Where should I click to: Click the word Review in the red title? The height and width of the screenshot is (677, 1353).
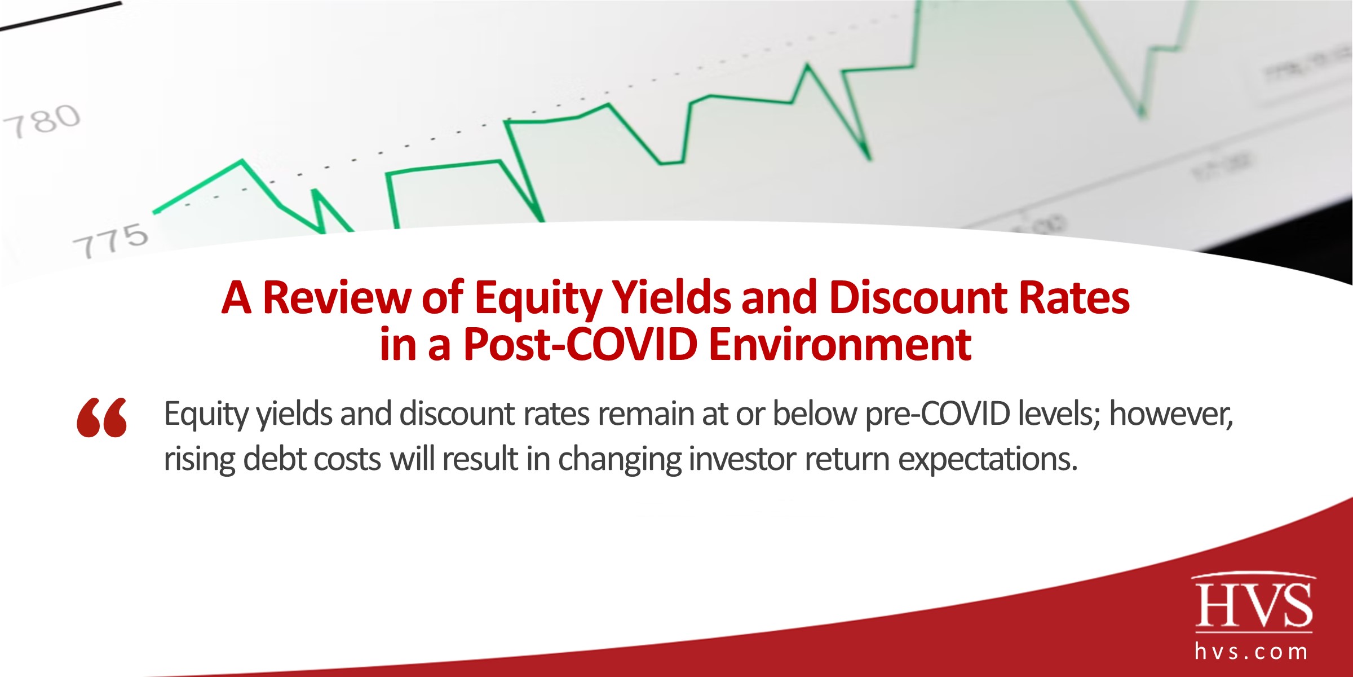(x=337, y=297)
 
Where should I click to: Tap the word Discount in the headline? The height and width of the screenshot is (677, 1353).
(x=918, y=297)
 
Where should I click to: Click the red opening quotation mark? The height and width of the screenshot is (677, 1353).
(x=102, y=417)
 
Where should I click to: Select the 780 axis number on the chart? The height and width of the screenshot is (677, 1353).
(x=42, y=121)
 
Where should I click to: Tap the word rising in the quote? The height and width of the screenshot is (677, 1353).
(x=199, y=459)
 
